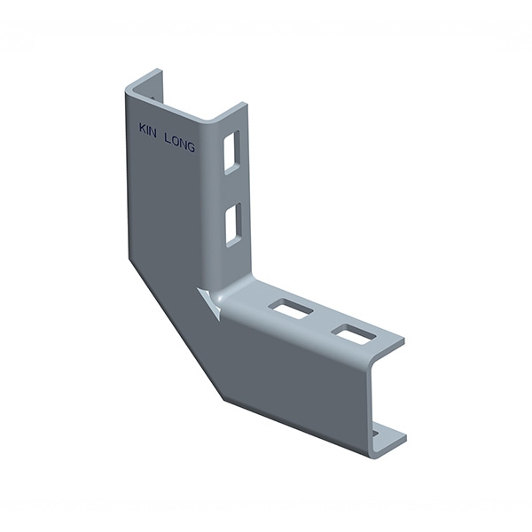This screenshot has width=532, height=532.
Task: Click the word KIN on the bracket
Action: (147, 130)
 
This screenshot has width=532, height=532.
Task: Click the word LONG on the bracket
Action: (179, 143)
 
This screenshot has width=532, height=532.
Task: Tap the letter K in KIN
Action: (143, 129)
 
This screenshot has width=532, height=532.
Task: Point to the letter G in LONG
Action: (191, 147)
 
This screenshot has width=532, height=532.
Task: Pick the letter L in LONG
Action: (167, 138)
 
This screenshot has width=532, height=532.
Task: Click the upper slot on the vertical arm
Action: (231, 153)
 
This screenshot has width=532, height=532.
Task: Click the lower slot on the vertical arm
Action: (233, 225)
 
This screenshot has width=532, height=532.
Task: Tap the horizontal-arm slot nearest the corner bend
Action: (291, 309)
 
